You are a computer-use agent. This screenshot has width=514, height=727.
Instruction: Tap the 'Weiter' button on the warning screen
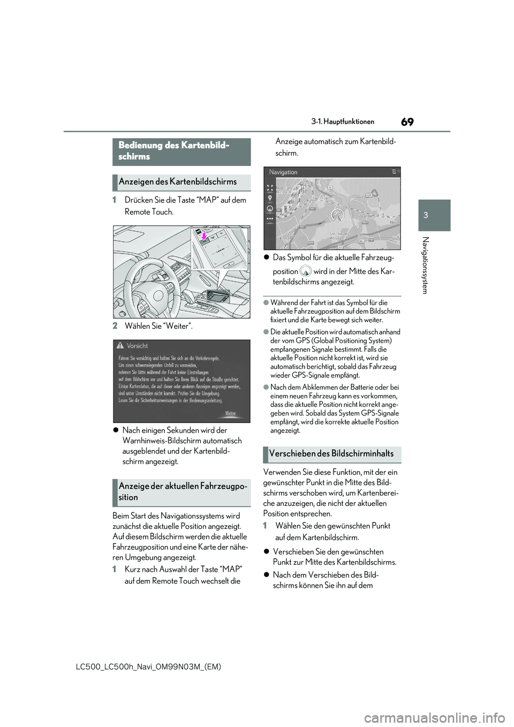click(x=231, y=413)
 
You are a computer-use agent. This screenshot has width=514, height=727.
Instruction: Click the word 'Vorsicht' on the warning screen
click(x=138, y=346)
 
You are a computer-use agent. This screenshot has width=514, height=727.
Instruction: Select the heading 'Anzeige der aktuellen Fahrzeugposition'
click(x=182, y=491)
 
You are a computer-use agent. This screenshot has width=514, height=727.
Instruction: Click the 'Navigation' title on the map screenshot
click(x=283, y=172)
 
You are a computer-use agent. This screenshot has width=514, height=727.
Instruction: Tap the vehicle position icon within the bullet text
click(x=306, y=271)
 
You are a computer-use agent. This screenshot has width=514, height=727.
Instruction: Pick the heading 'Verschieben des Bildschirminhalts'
click(x=332, y=454)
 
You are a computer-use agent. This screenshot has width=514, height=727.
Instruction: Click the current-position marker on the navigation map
click(x=337, y=215)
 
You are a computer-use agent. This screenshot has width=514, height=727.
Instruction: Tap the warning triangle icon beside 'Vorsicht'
click(x=122, y=346)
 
